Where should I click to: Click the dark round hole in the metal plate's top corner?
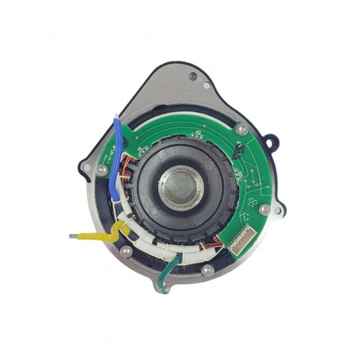193,76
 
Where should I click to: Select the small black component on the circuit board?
239,152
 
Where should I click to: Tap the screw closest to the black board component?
241,130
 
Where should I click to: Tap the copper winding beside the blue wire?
127,176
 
